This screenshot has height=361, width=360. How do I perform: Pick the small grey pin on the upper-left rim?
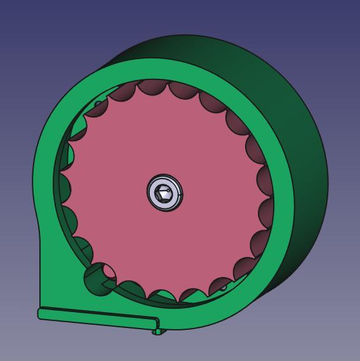98,104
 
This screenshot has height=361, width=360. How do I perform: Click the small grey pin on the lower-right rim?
223,287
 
